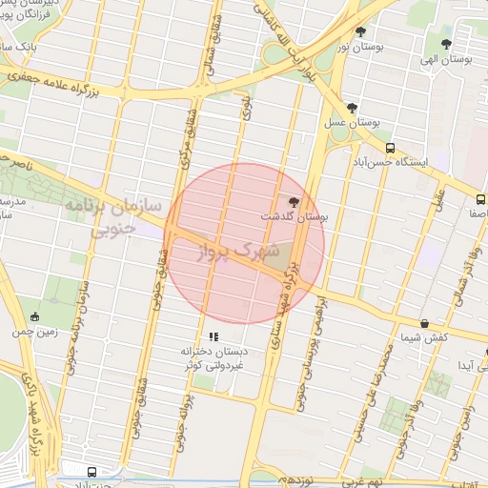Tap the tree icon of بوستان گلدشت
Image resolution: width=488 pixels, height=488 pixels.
(x=293, y=202)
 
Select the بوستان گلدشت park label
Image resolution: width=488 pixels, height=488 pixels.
(x=295, y=218)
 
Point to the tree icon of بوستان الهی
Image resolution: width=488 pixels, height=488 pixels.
(x=447, y=44)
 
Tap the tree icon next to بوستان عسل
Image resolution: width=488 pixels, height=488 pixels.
(x=354, y=108)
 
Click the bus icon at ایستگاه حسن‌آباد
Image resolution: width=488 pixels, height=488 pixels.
(x=391, y=148)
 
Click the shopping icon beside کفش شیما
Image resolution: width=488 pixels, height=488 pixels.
(x=424, y=324)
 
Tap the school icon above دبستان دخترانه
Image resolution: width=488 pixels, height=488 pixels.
(x=214, y=336)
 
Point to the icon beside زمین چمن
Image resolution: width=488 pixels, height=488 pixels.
(x=35, y=317)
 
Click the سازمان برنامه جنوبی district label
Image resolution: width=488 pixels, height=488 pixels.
(x=112, y=217)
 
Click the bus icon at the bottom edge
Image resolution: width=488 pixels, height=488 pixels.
(x=91, y=472)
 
